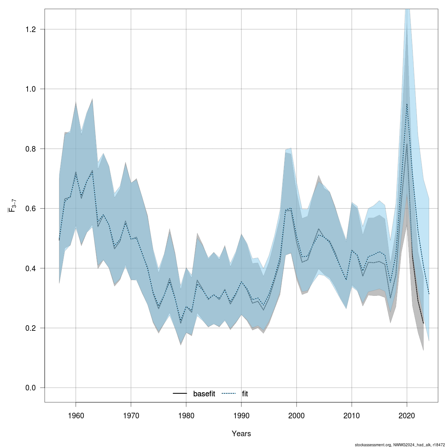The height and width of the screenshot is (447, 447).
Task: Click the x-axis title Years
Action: click(241, 434)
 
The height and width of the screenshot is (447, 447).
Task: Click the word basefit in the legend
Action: click(204, 394)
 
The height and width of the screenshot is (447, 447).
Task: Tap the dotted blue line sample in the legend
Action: click(229, 394)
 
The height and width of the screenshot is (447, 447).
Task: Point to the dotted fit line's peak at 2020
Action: click(407, 104)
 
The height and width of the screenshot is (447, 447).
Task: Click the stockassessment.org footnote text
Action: click(400, 444)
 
